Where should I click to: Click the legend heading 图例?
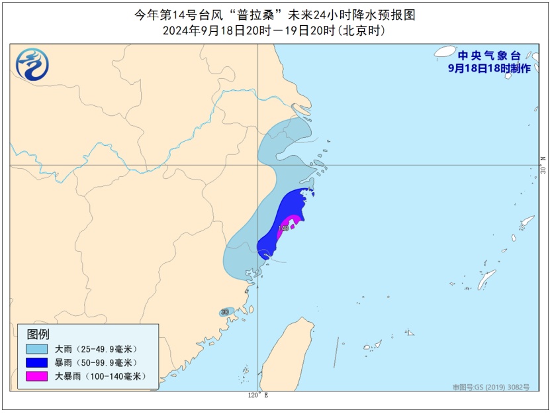tap(38, 334)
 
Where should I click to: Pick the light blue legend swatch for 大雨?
tap(37, 349)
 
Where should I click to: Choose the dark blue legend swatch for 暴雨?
tap(37, 362)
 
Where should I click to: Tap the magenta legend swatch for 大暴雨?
tap(37, 376)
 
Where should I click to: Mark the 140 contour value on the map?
tap(283, 229)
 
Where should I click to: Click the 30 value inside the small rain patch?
tap(225, 311)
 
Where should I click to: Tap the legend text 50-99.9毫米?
tap(106, 362)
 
